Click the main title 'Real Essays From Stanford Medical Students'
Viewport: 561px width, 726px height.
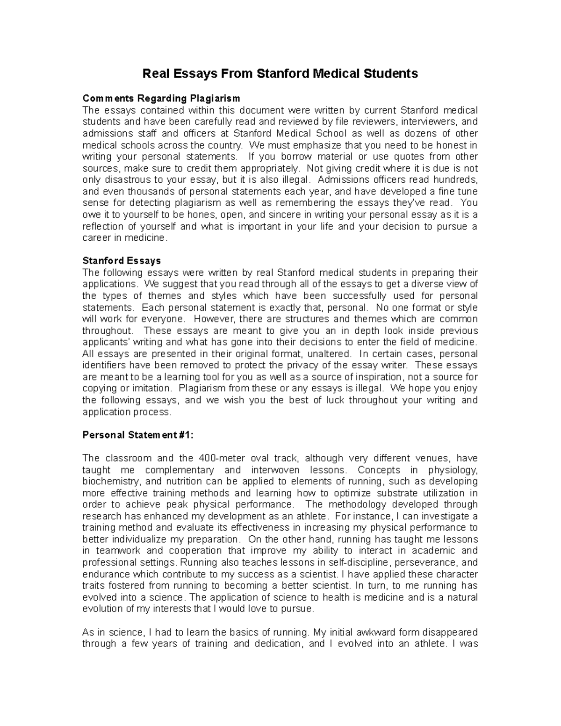(x=280, y=73)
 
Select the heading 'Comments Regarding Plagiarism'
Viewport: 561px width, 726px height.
(x=161, y=98)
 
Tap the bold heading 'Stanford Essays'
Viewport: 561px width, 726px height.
(x=122, y=260)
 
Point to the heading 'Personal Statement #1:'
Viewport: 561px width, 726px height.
(x=137, y=435)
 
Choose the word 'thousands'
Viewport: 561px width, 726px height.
(x=149, y=192)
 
